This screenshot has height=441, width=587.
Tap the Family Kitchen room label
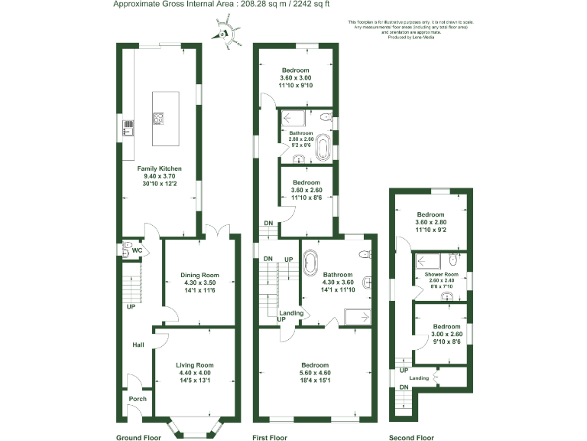159,168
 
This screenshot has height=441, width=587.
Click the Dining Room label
199,275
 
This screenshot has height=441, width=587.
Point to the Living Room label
195,365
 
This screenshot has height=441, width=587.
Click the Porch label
138,399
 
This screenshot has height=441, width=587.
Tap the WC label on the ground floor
138,250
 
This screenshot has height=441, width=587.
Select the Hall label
138,345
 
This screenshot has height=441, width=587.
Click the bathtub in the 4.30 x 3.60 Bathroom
310,263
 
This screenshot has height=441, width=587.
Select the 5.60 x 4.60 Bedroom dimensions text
314,373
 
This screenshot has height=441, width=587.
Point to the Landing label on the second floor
419,378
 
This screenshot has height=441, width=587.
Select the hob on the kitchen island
159,119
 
